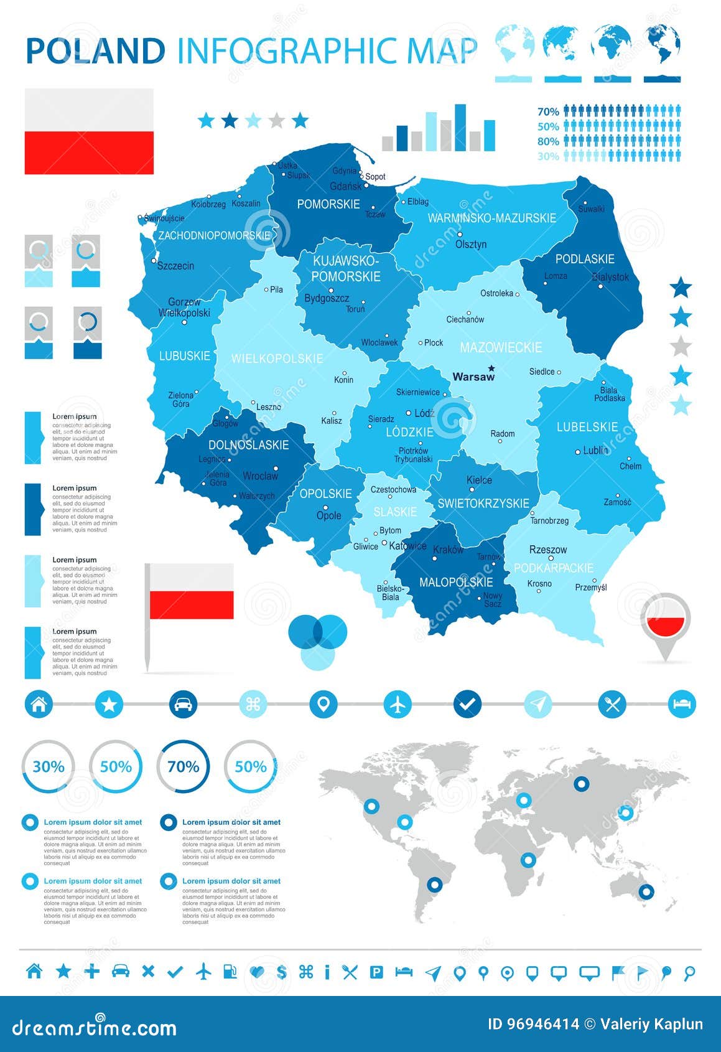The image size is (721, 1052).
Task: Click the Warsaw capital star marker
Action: (491, 368)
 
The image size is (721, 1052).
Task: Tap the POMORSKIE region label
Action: (328, 204)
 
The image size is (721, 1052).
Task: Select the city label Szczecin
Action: (175, 266)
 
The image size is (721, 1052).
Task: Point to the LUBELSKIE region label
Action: (587, 427)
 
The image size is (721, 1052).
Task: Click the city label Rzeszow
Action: (548, 550)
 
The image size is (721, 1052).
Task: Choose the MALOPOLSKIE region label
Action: (456, 583)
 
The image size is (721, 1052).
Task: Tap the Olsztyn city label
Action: (471, 244)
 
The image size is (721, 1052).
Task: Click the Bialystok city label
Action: (610, 277)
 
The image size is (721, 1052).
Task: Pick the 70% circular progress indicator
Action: (184, 766)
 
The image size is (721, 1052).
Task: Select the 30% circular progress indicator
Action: (49, 766)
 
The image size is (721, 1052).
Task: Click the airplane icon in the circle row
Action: (398, 705)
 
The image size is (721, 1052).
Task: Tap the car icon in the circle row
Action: (183, 705)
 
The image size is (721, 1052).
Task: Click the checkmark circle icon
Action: (467, 705)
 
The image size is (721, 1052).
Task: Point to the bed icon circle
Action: (682, 705)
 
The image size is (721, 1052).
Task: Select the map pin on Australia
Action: (646, 891)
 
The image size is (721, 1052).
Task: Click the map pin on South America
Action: (434, 884)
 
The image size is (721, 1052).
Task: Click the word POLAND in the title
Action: (96, 51)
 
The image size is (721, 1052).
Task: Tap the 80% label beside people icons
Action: (548, 141)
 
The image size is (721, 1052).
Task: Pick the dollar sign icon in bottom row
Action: (282, 972)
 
